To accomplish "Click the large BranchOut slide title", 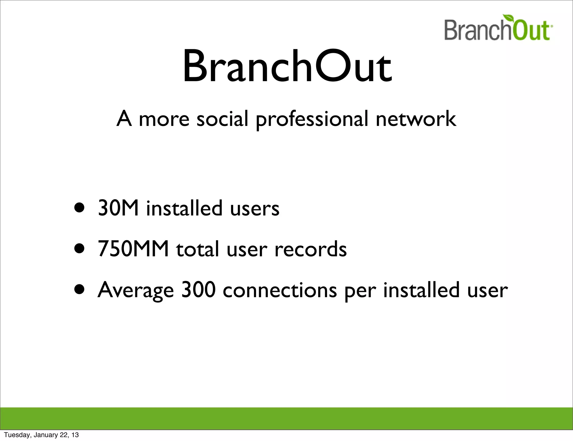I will tap(287, 67).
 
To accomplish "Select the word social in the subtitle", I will tap(222, 119).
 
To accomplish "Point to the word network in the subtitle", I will tap(416, 119).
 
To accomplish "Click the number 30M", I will tap(118, 208).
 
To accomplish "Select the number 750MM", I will tap(133, 249).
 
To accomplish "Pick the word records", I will tap(311, 249).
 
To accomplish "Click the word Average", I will tap(136, 290).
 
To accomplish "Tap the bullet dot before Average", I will tap(79, 290).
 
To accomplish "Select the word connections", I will tap(280, 290).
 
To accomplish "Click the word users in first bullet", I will tap(255, 209).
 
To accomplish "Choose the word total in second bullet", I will tap(197, 249).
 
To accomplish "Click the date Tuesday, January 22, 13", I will tap(41, 435).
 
